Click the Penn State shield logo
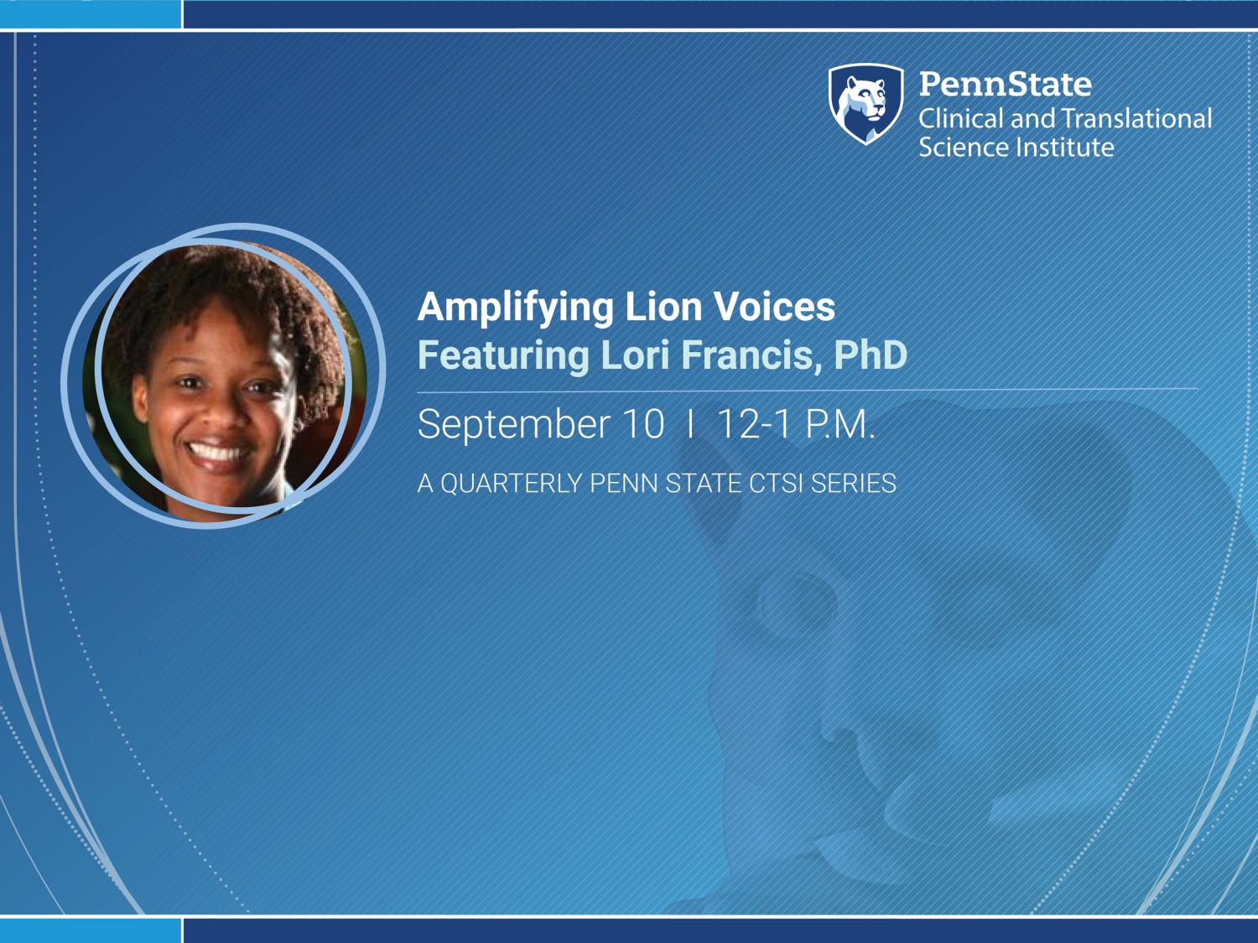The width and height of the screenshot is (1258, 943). click(x=866, y=104)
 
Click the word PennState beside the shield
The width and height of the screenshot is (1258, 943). click(x=1006, y=84)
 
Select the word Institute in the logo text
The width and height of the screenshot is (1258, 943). click(x=1065, y=148)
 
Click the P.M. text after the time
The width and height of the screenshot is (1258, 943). click(x=840, y=424)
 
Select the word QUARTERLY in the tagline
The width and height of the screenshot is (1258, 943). click(x=512, y=484)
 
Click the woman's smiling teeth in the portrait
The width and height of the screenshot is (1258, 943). click(x=216, y=453)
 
